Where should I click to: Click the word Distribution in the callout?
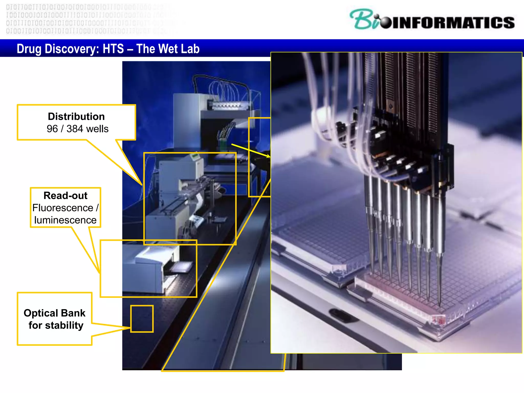(x=76, y=117)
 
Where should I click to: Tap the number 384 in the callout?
(x=74, y=129)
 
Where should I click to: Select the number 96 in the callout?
(x=52, y=129)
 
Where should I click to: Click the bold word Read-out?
(x=65, y=196)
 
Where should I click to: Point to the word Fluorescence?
(x=63, y=208)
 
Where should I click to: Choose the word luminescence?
(x=65, y=220)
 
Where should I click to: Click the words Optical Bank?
(x=54, y=313)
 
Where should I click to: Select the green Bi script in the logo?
(x=363, y=20)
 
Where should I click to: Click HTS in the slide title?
(x=113, y=49)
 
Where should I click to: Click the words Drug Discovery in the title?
(x=58, y=49)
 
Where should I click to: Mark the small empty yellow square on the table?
(x=142, y=319)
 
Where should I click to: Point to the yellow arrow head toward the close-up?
(x=268, y=156)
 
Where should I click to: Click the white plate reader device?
(x=154, y=269)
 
